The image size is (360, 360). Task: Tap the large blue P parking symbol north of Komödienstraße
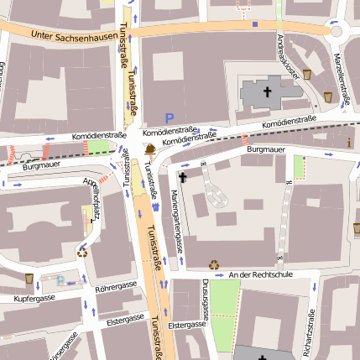(169, 119)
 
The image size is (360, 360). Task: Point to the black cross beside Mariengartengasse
(183, 177)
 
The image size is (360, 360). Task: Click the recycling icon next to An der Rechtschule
(214, 263)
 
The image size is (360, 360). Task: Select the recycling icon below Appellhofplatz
(82, 250)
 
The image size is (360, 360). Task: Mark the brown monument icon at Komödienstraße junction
(149, 149)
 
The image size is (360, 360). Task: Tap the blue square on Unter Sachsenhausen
(255, 24)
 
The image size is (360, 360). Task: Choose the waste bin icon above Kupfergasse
(29, 278)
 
